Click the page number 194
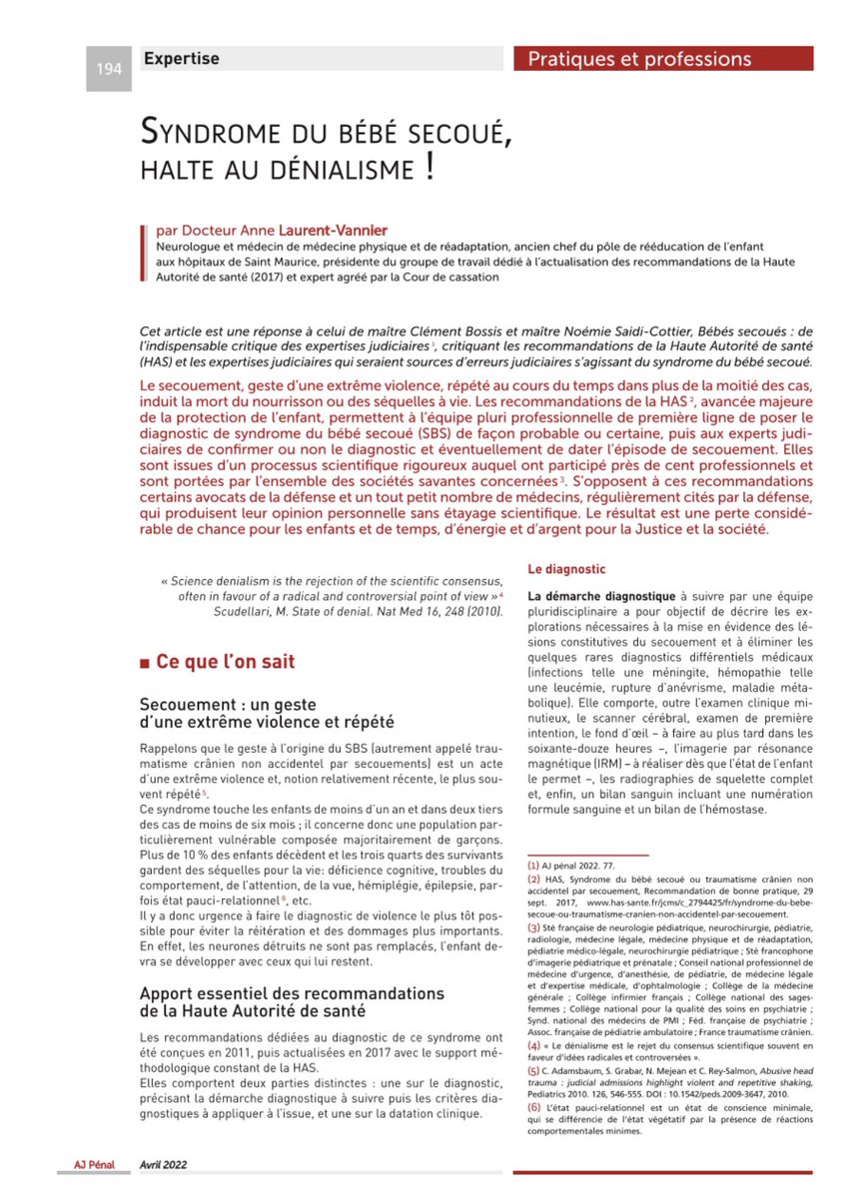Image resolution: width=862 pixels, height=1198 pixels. pyautogui.click(x=108, y=69)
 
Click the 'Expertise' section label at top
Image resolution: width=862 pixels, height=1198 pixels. pyautogui.click(x=181, y=59)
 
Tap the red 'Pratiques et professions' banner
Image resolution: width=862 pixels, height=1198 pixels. pyautogui.click(x=639, y=59)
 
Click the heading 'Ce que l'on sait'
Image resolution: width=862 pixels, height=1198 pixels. pyautogui.click(x=225, y=661)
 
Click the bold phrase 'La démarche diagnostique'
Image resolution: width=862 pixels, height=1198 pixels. pyautogui.click(x=601, y=595)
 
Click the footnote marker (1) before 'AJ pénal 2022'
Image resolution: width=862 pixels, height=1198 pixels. pyautogui.click(x=534, y=866)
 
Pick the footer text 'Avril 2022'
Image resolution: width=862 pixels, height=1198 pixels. pyautogui.click(x=163, y=1164)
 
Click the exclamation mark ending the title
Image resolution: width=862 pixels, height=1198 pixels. pyautogui.click(x=430, y=164)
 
